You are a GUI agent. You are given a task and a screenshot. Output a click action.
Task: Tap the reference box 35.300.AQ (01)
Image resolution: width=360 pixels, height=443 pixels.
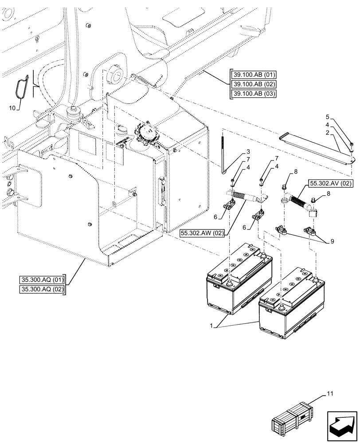click(42, 280)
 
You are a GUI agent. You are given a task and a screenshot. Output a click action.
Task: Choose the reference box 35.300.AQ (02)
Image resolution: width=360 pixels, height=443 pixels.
click(42, 289)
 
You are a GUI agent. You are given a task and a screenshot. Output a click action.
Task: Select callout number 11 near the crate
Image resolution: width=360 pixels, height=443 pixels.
click(330, 392)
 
